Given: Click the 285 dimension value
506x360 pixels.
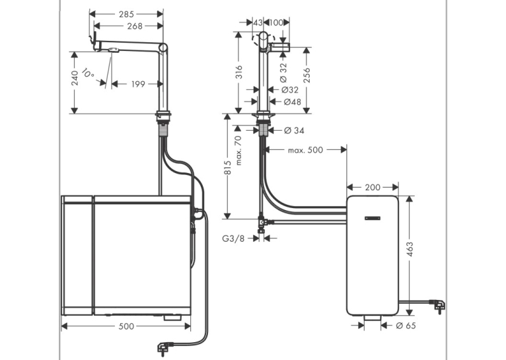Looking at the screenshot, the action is click(126, 14).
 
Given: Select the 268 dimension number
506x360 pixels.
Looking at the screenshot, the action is click(135, 26).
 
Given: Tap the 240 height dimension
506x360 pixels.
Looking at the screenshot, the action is click(75, 78).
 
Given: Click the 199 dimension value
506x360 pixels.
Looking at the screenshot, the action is click(138, 84).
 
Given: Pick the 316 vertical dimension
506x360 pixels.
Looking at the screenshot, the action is click(238, 72).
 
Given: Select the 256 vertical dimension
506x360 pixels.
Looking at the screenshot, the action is click(307, 75).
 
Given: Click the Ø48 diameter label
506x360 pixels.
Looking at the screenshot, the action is click(293, 102).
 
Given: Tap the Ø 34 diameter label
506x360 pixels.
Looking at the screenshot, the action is click(294, 130).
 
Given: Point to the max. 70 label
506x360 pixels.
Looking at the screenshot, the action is click(238, 151).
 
